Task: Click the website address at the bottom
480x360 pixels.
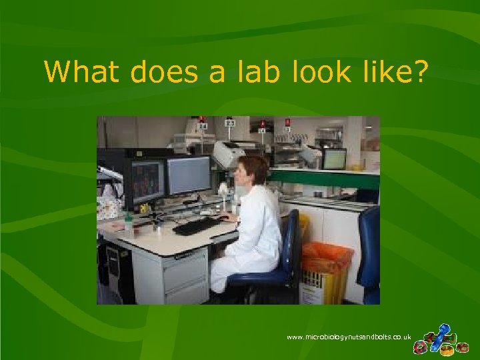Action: pos(349,337)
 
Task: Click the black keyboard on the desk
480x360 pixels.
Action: pos(197,226)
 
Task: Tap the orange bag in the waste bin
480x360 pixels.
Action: pos(326,257)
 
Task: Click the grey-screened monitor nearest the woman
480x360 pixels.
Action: pos(188,175)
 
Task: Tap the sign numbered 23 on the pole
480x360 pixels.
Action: pos(231,123)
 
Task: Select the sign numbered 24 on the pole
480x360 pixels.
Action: pos(202,125)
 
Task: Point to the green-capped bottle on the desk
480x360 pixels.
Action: pos(128,223)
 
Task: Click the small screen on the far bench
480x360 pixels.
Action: pos(334,159)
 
